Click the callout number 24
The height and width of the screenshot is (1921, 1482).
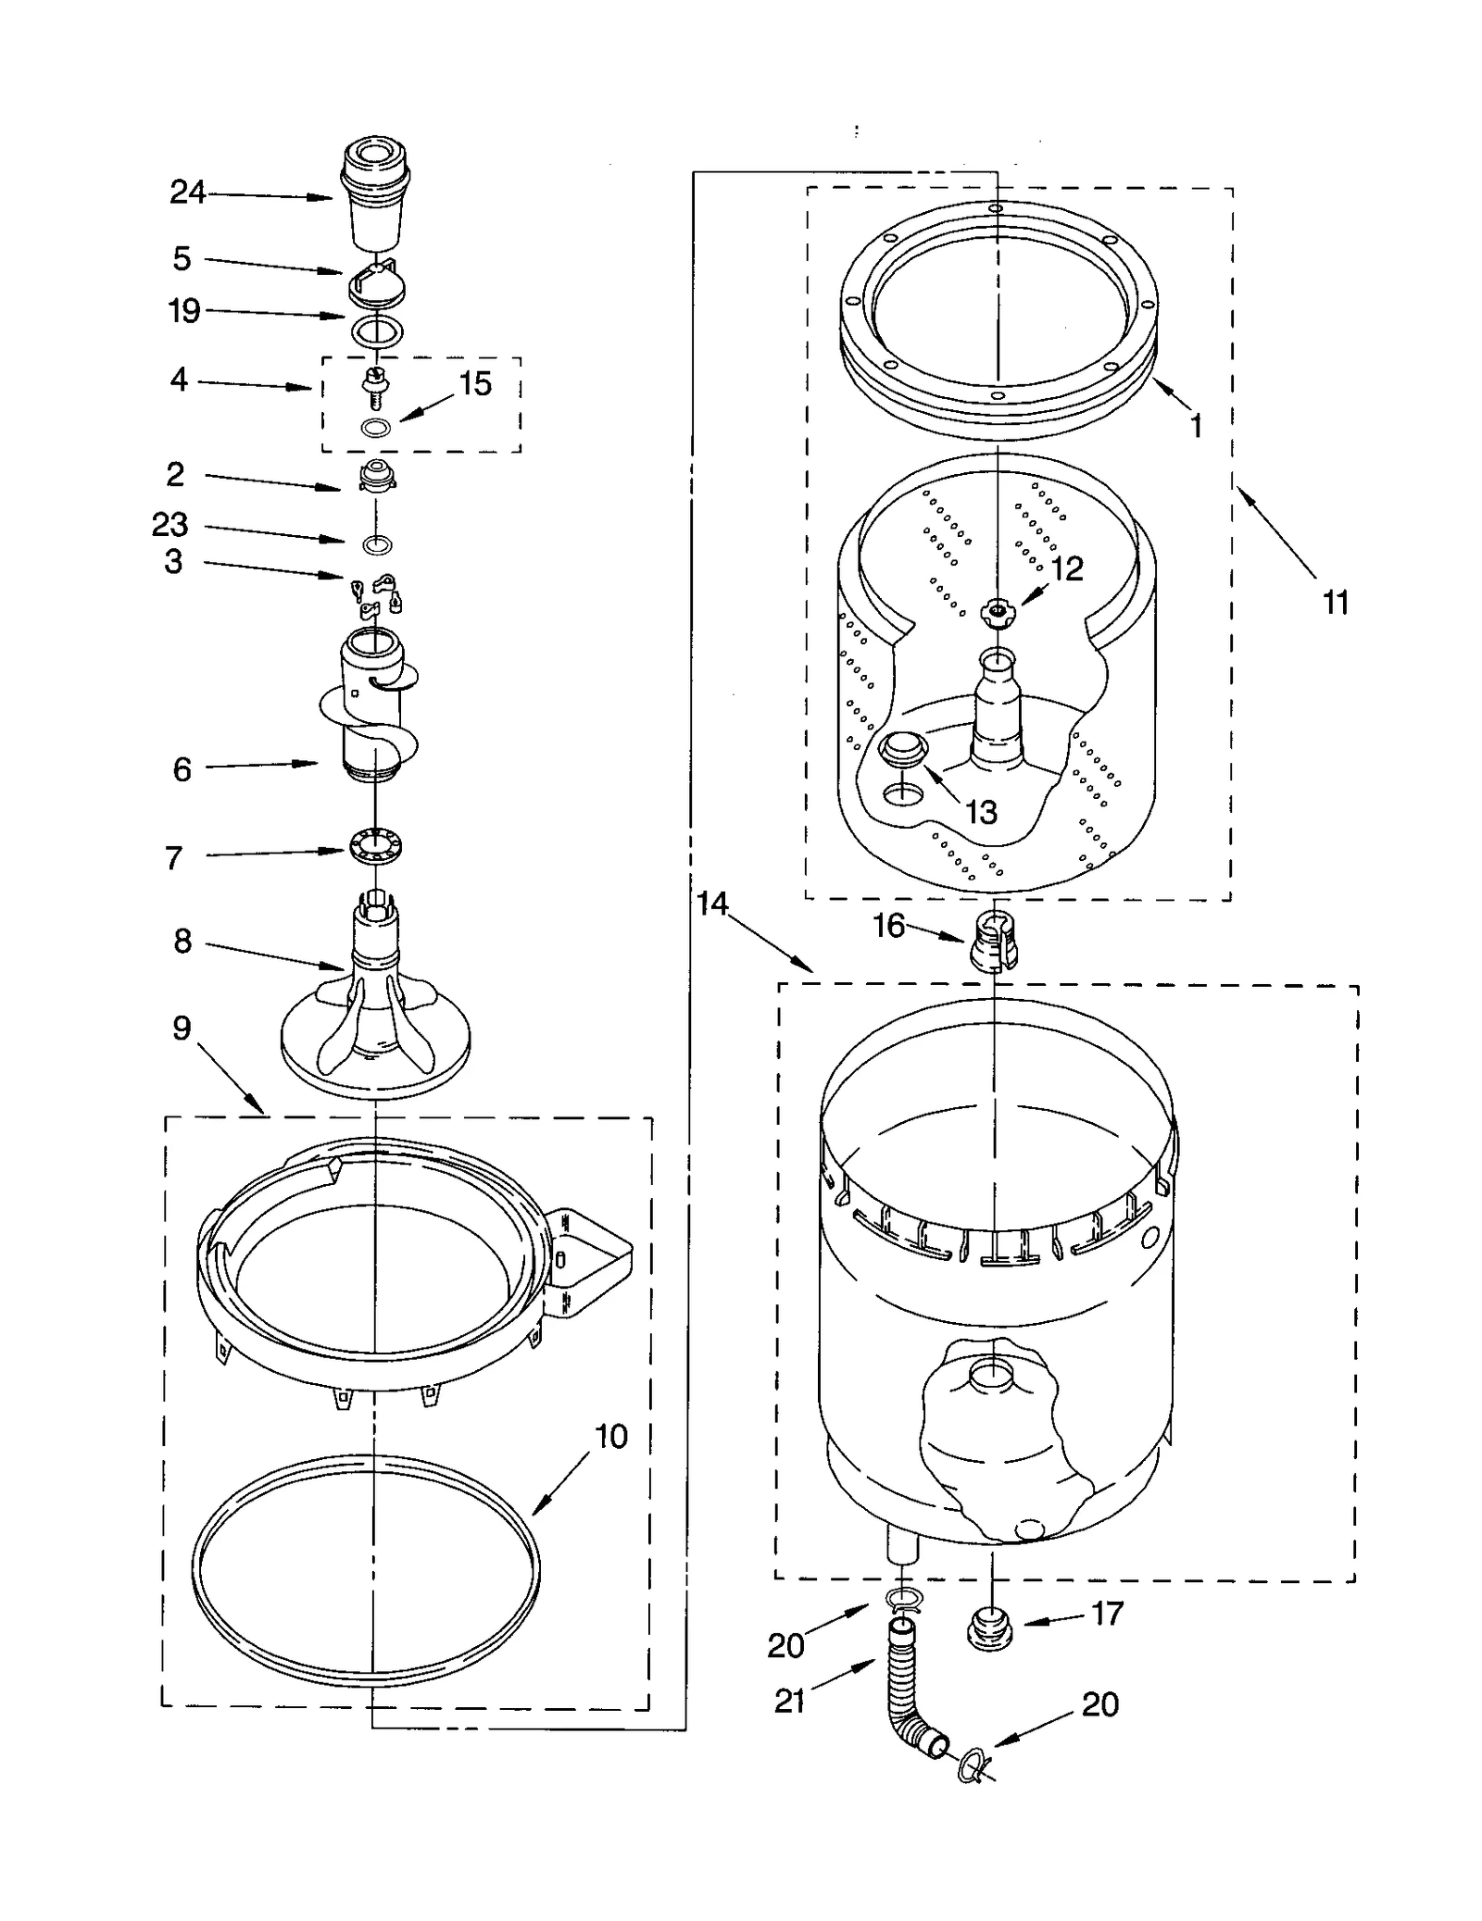(x=187, y=193)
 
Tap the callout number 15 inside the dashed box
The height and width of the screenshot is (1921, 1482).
(x=475, y=384)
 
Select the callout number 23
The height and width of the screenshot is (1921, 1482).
(x=170, y=525)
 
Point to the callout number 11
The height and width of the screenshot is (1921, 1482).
(x=1335, y=603)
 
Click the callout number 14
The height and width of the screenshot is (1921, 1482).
(x=711, y=904)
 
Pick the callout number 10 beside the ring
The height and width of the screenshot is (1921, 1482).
(x=610, y=1437)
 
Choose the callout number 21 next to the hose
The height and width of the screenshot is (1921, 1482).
(x=789, y=1701)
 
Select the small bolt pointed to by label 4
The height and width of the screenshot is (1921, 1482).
(x=376, y=384)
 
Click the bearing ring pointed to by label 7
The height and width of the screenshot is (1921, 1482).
(x=376, y=846)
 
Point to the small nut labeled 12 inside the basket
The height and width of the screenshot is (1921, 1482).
(x=998, y=611)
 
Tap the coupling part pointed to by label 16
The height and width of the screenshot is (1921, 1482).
(x=993, y=940)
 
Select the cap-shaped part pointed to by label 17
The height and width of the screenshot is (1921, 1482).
(x=988, y=1629)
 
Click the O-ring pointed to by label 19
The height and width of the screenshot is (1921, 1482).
(x=377, y=330)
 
